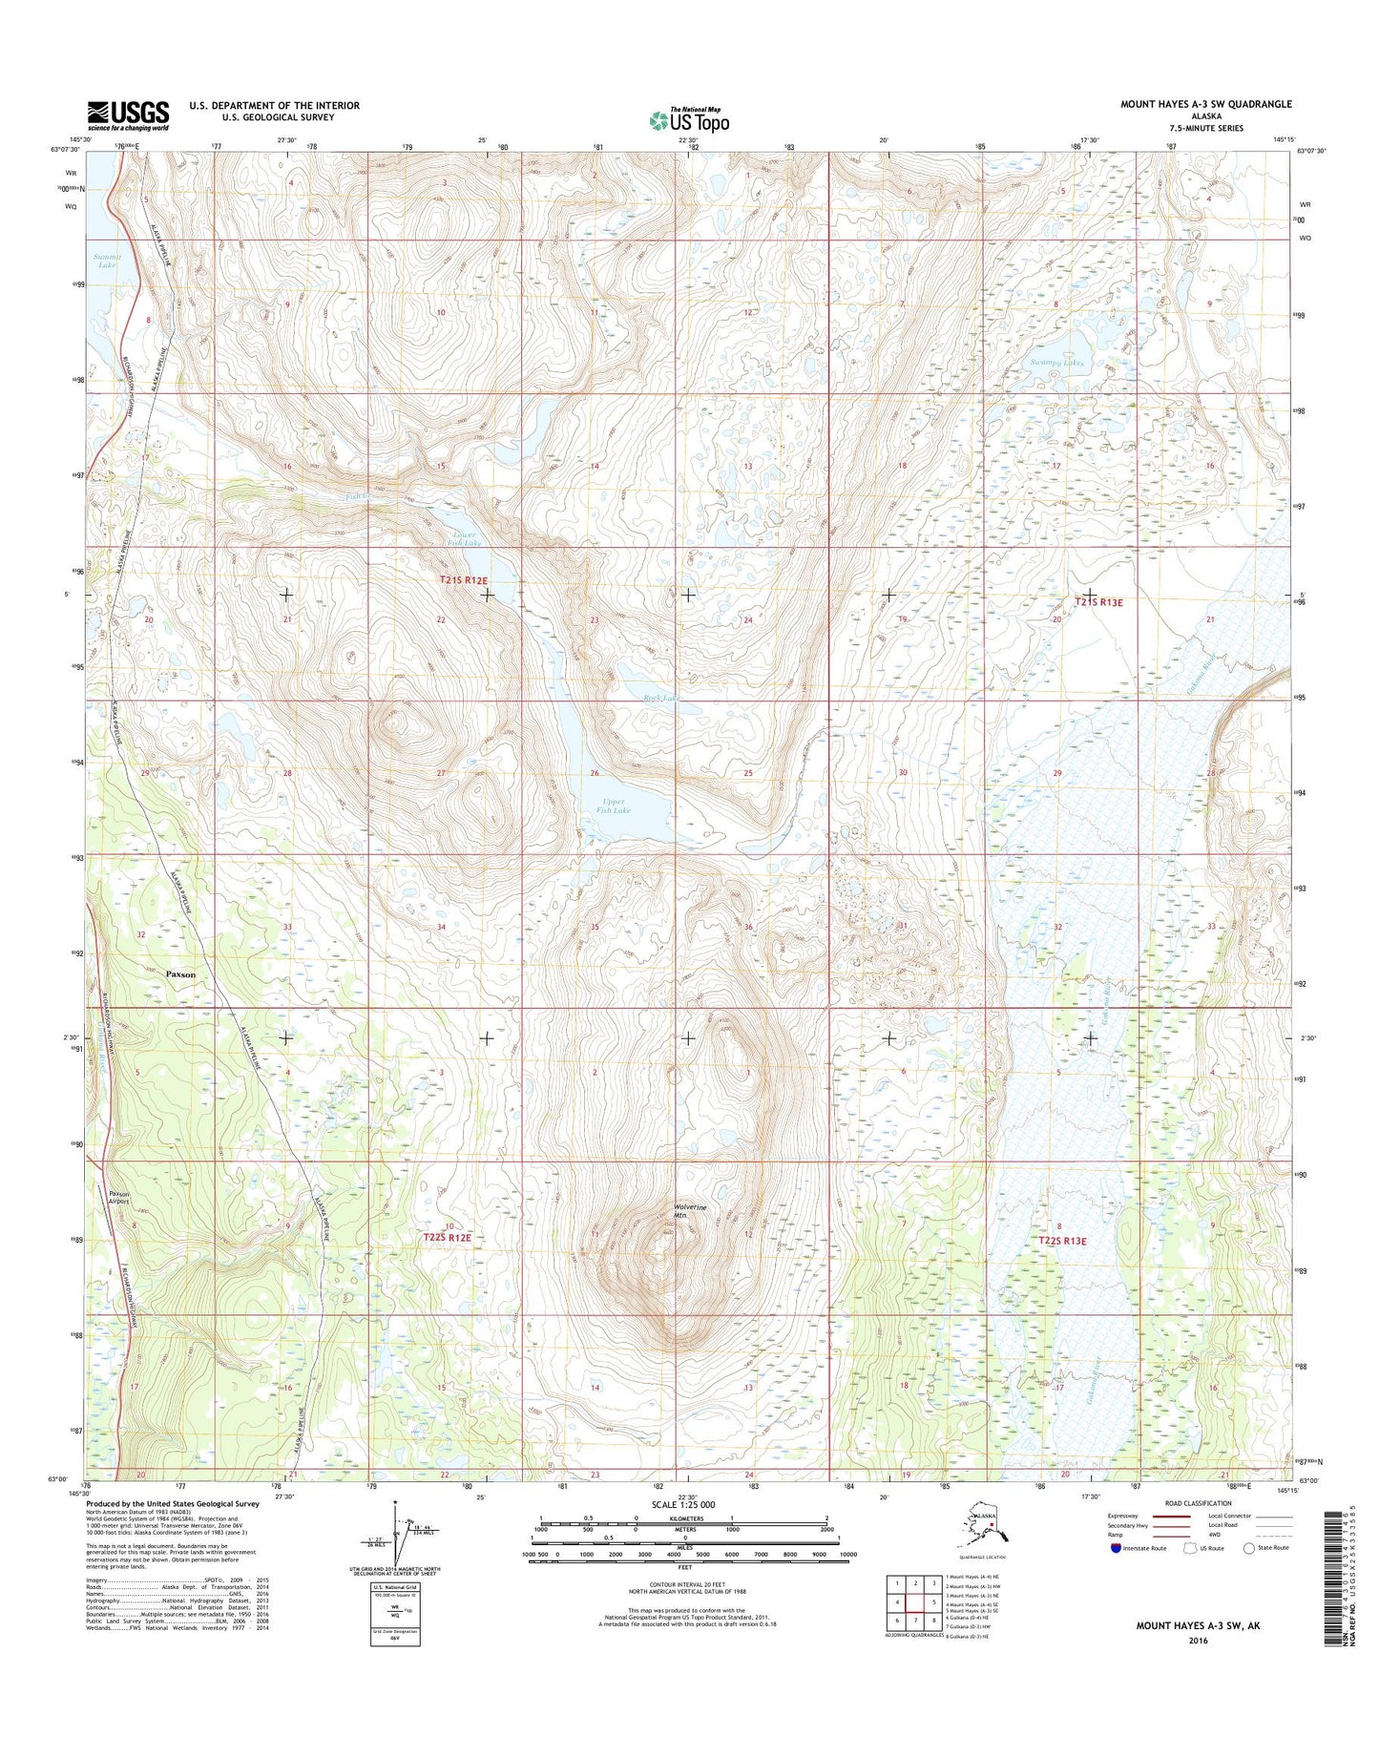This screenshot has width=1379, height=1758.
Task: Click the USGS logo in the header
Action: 128,115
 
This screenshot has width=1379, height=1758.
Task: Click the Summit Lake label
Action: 105,261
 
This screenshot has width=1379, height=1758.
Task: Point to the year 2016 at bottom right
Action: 1198,1641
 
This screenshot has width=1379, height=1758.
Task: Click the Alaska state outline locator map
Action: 984,1523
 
